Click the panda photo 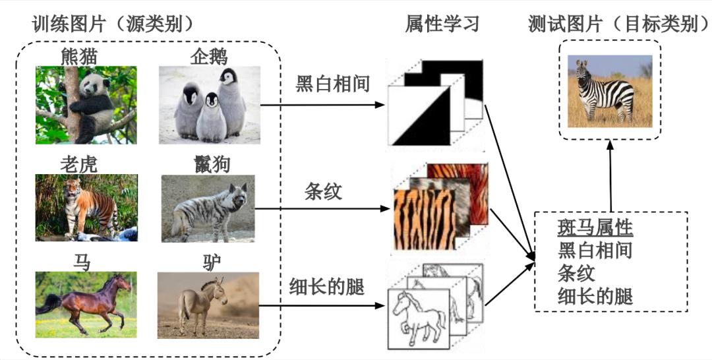click(86, 105)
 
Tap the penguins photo click(210, 105)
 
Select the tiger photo click(86, 208)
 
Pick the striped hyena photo click(208, 208)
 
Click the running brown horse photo click(86, 305)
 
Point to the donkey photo click(208, 305)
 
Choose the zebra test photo click(610, 91)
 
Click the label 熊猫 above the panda click(79, 57)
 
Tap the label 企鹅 click(209, 57)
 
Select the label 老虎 click(79, 165)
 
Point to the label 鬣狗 click(212, 165)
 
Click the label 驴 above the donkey click(212, 262)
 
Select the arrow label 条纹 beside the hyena click(323, 192)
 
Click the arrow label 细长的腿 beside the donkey click(327, 287)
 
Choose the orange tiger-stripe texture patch click(424, 219)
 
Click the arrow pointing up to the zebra click(610, 175)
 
